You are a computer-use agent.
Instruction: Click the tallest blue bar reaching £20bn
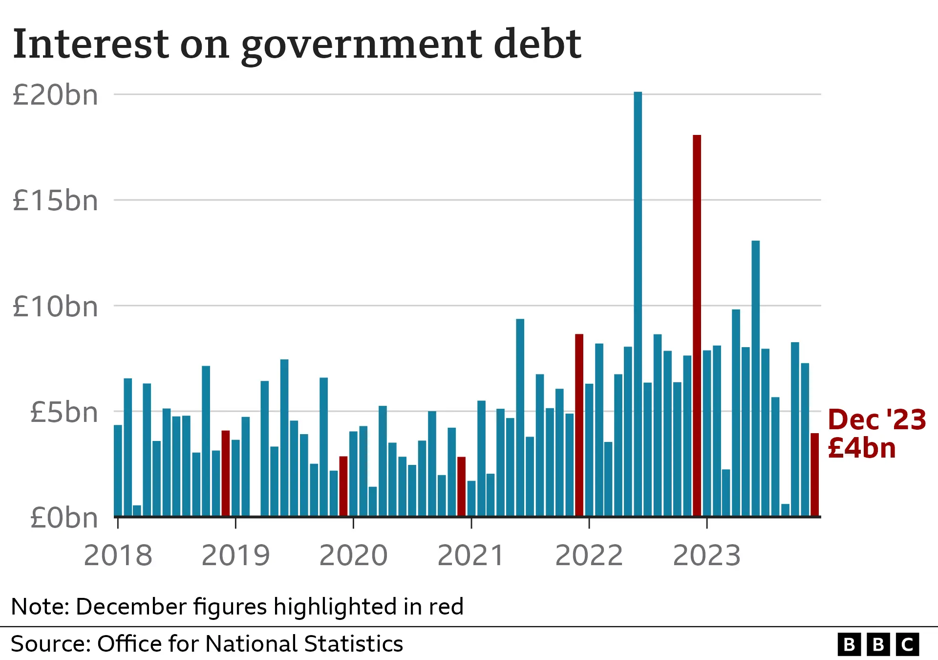(x=638, y=303)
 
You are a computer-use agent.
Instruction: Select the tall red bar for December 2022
(x=697, y=325)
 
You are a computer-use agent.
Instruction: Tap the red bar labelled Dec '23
(x=814, y=474)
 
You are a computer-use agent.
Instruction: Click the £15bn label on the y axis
(x=55, y=201)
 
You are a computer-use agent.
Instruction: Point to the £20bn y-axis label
(x=55, y=95)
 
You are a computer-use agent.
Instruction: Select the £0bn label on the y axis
(x=64, y=518)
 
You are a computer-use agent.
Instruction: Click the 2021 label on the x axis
(x=471, y=555)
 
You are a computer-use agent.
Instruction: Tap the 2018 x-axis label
(x=118, y=555)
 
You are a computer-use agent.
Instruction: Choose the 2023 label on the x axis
(x=707, y=555)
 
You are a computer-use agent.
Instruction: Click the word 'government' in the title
(x=362, y=45)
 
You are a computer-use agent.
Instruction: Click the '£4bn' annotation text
(x=862, y=448)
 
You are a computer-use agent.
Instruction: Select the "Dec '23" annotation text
(x=877, y=420)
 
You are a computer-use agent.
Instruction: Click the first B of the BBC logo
(x=849, y=645)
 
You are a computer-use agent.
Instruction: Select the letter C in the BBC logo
(x=907, y=645)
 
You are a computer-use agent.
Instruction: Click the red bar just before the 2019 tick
(x=225, y=473)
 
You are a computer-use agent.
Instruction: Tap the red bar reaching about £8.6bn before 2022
(x=579, y=425)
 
